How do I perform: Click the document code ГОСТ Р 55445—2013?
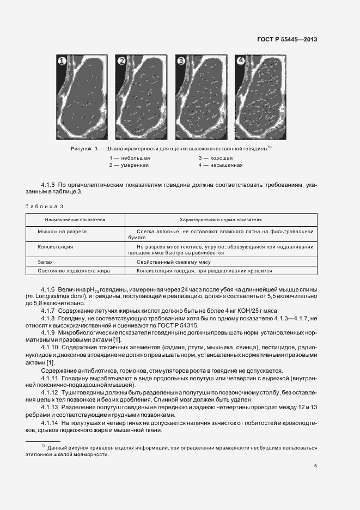coord(286,39)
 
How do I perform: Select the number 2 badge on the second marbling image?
coord(121,60)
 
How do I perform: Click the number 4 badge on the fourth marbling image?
coord(240,60)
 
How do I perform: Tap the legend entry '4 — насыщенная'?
coord(220,165)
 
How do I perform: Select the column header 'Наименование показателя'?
coord(75,220)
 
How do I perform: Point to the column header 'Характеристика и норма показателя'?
coord(221,220)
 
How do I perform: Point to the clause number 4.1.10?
coord(50,347)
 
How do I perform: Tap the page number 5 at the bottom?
coord(315,465)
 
